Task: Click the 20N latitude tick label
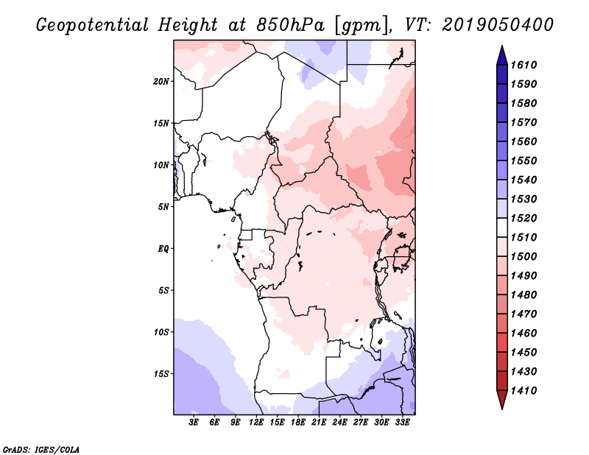tap(161, 81)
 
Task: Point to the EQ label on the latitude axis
tap(163, 248)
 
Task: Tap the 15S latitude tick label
tap(161, 373)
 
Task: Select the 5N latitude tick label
tap(163, 206)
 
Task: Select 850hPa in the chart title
tap(286, 24)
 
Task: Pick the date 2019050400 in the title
tap(498, 24)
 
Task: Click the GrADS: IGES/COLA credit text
tap(40, 448)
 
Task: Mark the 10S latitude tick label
tap(161, 331)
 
